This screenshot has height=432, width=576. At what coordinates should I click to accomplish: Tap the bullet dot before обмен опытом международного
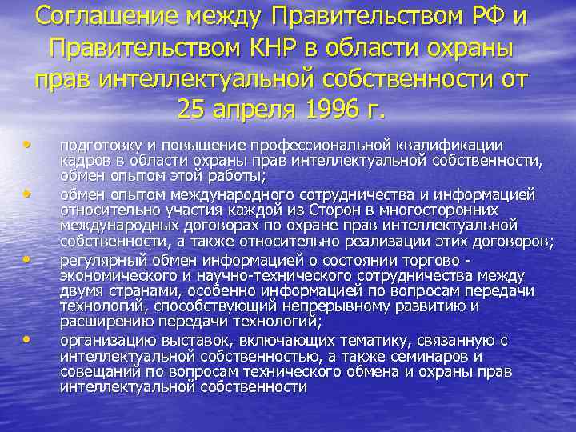click(x=29, y=194)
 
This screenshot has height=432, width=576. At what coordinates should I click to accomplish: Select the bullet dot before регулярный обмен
click(x=29, y=260)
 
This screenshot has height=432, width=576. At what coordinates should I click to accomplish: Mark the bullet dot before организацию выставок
click(x=29, y=339)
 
